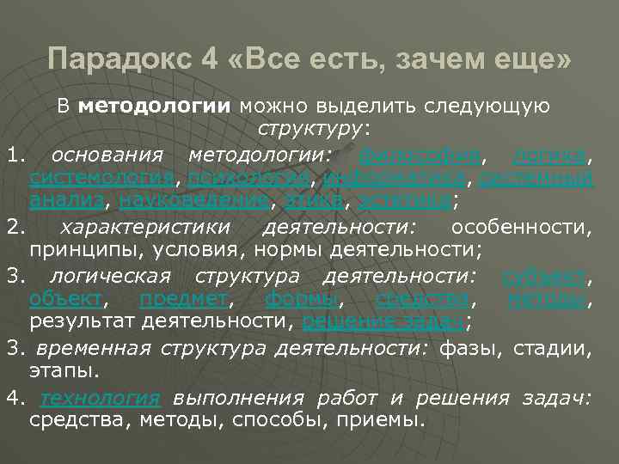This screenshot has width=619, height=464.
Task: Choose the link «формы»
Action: click(302, 299)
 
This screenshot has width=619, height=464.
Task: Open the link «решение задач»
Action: click(384, 322)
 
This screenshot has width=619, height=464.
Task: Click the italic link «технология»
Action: click(101, 399)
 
